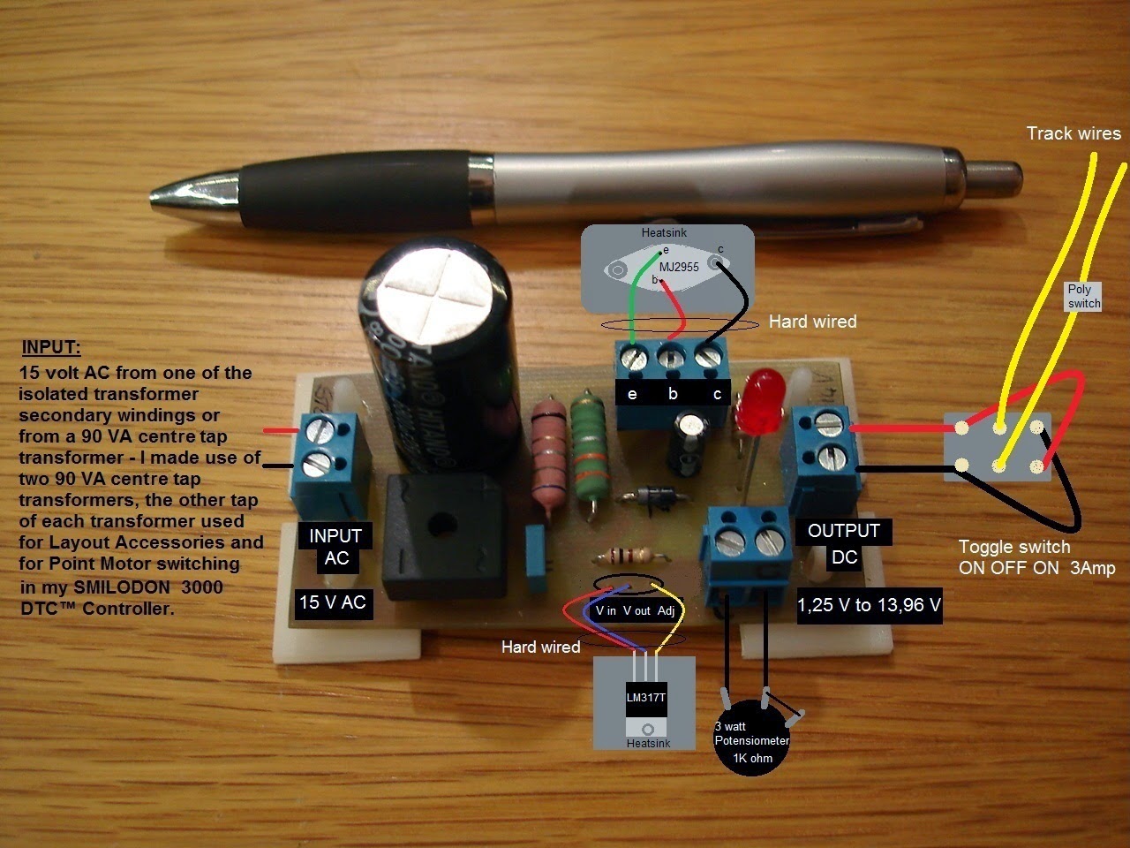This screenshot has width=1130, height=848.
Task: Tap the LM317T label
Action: [x=646, y=697]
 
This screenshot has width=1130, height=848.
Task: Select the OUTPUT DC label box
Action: [x=843, y=543]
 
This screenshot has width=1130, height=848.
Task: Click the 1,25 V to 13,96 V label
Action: [x=869, y=606]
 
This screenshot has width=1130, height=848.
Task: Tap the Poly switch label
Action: [x=1083, y=296]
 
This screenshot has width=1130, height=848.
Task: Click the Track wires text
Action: [x=1073, y=133]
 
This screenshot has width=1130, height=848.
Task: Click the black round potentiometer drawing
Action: [x=751, y=740]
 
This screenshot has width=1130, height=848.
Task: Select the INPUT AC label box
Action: [x=335, y=547]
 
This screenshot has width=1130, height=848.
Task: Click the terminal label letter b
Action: [x=673, y=394]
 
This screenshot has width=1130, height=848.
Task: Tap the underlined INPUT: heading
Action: [x=56, y=347]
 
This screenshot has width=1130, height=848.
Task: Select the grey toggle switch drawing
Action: [x=998, y=446]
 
